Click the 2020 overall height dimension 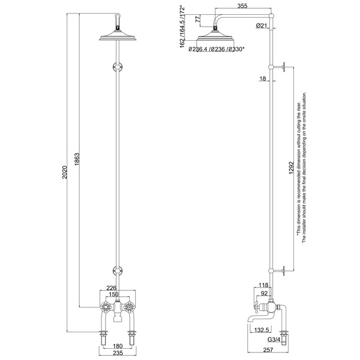[x=66, y=175]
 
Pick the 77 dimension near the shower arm [x=197, y=19]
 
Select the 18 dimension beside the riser [x=261, y=78]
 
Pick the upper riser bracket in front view [x=118, y=67]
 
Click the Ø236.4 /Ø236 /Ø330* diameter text [x=218, y=50]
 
